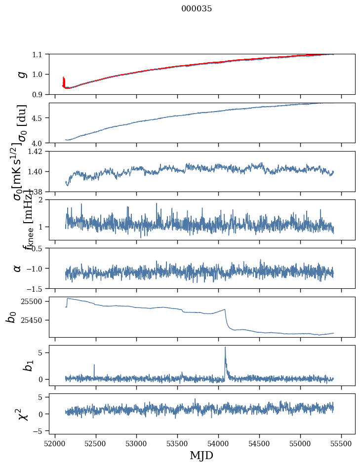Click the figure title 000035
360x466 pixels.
(x=197, y=9)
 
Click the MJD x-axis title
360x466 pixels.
(x=201, y=456)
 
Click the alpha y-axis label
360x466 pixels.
(x=18, y=268)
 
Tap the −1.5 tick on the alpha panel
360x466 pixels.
(x=37, y=288)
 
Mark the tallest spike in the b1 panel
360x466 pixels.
(x=225, y=348)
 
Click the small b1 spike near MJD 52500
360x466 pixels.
(x=94, y=366)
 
